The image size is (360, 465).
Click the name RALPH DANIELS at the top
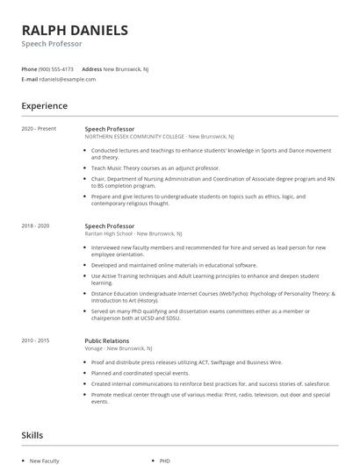coord(75,30)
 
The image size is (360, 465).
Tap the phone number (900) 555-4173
coord(57,68)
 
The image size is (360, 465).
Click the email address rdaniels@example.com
coord(68,79)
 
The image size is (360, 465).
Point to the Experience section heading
coord(44,106)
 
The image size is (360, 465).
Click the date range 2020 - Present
coord(39,129)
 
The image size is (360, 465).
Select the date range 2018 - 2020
coord(37,225)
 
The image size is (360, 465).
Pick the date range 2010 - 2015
coord(37,340)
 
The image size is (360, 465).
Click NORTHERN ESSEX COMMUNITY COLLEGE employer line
coord(159,137)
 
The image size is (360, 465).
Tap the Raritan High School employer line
coord(133,234)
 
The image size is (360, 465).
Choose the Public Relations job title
coord(107,340)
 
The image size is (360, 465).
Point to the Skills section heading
coord(32,434)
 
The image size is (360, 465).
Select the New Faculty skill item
coord(44,459)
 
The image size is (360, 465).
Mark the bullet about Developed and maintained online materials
coord(174,264)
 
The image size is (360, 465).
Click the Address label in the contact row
coord(91,68)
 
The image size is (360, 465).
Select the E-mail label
coord(29,79)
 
